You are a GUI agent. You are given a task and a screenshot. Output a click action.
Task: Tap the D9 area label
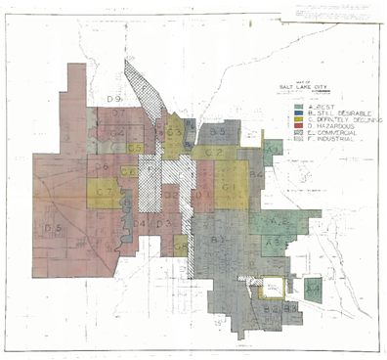[x=113, y=100]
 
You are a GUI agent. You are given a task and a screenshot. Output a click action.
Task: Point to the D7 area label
[x=118, y=114]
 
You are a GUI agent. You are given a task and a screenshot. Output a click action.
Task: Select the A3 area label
[x=276, y=240]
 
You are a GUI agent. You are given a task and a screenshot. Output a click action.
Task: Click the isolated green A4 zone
[x=314, y=290]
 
